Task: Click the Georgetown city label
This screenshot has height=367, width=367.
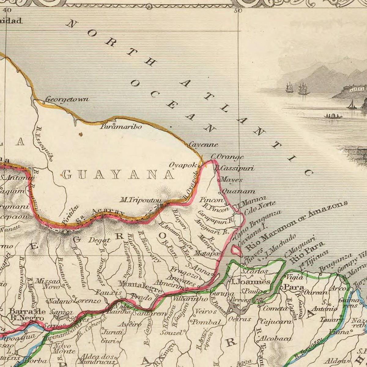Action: coord(67,99)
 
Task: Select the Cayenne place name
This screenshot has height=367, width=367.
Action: coord(203,145)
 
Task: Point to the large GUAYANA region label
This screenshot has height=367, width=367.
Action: coord(118,175)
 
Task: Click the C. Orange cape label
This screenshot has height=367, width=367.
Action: coord(227,157)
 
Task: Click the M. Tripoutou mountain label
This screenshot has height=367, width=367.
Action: coord(140,200)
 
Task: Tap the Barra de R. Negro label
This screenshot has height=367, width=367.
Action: coord(26,315)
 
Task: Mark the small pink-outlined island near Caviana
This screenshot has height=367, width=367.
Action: coord(236,251)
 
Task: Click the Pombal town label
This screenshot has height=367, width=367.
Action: coord(206,322)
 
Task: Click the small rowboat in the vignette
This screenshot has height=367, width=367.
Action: coord(333,116)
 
